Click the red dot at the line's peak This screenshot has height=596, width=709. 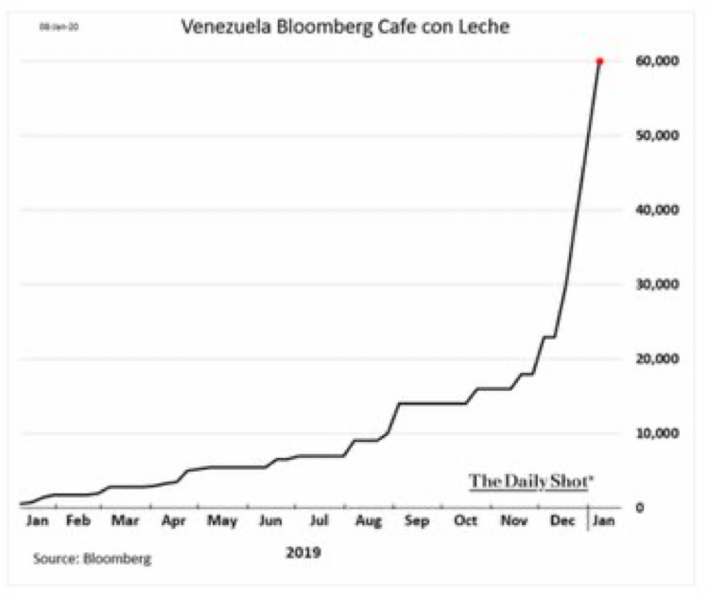click(x=599, y=61)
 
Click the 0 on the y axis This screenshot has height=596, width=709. click(x=638, y=508)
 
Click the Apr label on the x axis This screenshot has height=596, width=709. click(x=174, y=520)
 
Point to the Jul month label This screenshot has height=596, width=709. click(x=320, y=520)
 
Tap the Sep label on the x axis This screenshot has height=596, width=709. click(x=417, y=520)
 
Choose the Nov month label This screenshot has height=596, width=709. click(x=514, y=520)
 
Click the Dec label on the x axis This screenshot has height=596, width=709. click(x=562, y=520)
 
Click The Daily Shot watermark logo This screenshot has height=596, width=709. click(x=531, y=481)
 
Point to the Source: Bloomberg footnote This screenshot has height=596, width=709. click(x=92, y=559)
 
